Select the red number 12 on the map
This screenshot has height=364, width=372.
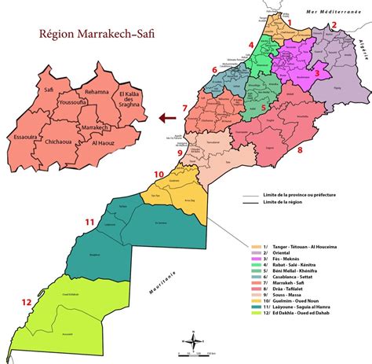point(27,301)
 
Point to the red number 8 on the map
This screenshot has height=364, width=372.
point(299,149)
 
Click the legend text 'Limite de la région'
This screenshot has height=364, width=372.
point(286,203)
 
